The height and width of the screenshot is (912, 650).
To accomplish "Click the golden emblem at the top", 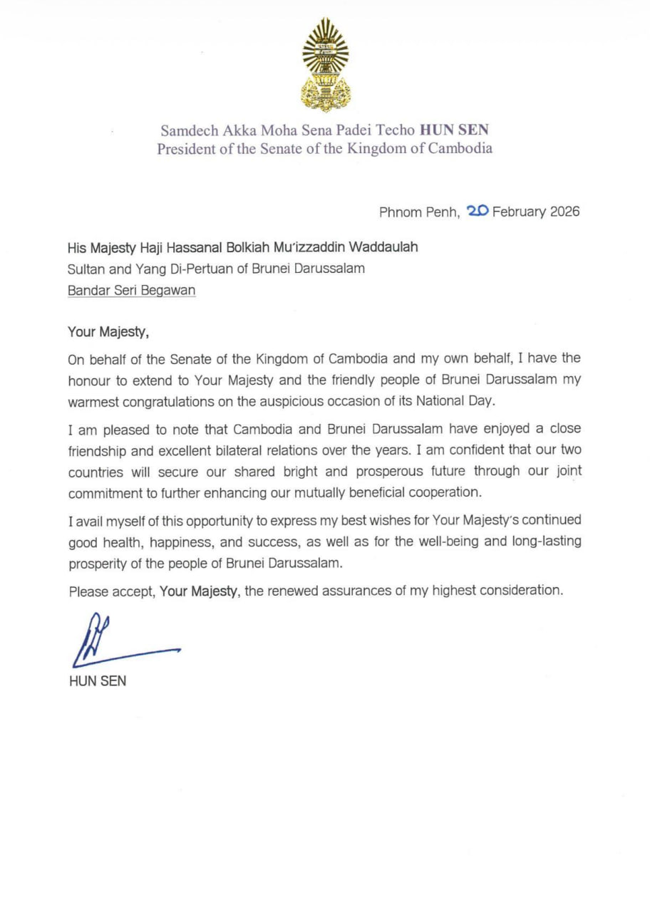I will point(325,65).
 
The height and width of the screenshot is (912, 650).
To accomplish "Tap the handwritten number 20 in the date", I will point(477,211).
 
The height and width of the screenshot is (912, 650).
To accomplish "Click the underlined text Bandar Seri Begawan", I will point(132,291).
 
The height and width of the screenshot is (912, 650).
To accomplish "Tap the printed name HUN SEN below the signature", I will point(98,682).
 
